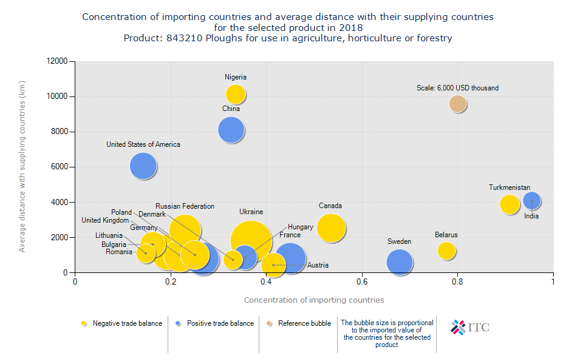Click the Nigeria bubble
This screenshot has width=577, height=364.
pyautogui.click(x=236, y=94)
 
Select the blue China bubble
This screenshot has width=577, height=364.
pyautogui.click(x=231, y=130)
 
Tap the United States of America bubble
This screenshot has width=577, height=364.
pyautogui.click(x=143, y=166)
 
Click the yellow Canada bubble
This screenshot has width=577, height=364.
pyautogui.click(x=330, y=228)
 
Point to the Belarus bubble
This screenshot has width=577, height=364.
pyautogui.click(x=446, y=250)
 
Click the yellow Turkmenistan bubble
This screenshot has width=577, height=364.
pyautogui.click(x=510, y=204)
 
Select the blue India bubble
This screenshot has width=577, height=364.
pyautogui.click(x=532, y=201)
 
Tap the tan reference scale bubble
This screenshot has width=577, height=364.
pyautogui.click(x=457, y=104)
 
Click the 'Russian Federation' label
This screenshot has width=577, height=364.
pyautogui.click(x=185, y=206)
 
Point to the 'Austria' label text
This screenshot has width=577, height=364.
pyautogui.click(x=318, y=265)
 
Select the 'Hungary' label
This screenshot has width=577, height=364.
pyautogui.click(x=301, y=227)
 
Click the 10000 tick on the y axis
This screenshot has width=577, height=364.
pyautogui.click(x=62, y=96)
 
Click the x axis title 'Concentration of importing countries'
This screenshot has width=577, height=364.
pyautogui.click(x=313, y=300)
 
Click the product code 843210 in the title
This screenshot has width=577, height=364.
pyautogui.click(x=188, y=38)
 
